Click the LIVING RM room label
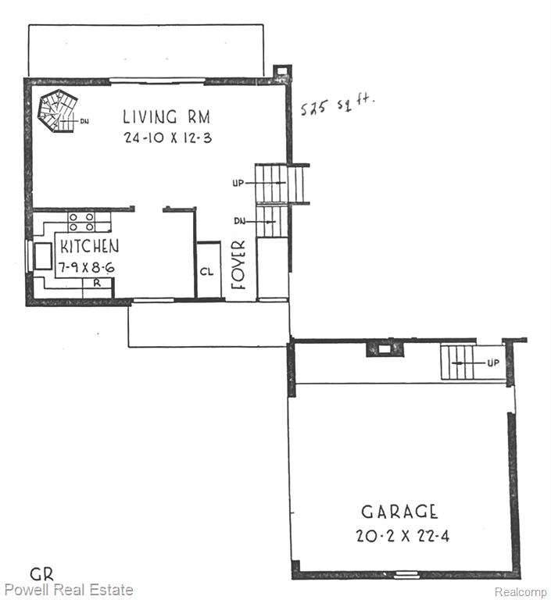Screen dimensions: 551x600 point(166,116)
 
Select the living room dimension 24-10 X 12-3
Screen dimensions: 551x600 point(168,137)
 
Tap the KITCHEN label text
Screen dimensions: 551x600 point(90,246)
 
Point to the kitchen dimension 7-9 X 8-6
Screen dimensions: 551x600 point(87,267)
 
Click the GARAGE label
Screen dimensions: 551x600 point(399,512)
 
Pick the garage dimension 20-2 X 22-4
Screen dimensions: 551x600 point(403,535)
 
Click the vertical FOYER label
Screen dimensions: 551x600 point(238,264)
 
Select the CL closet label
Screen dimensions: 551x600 point(207,272)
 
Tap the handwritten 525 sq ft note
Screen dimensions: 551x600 point(338,105)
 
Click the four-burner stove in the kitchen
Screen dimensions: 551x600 point(81,222)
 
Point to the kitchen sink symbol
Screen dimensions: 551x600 point(42,256)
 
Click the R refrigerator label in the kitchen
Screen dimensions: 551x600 point(97,283)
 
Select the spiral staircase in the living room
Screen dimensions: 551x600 point(57,111)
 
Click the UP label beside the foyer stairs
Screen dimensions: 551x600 point(238,184)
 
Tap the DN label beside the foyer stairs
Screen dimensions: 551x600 point(240,221)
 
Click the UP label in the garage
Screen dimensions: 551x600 point(493,362)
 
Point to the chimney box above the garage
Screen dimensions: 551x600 point(385,349)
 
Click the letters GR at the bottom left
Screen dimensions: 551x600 point(41,574)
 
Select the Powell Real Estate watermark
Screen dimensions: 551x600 point(69,590)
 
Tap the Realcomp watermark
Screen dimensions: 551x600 point(521,591)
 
